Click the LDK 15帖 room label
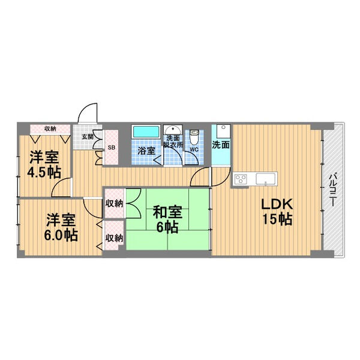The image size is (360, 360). [277, 211]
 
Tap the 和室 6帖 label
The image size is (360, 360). [167, 219]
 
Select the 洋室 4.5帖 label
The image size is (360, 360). [44, 164]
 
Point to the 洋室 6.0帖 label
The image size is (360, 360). [61, 227]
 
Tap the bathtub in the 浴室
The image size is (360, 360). [146, 132]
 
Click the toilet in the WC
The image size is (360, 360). [194, 137]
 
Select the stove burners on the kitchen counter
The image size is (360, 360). [241, 179]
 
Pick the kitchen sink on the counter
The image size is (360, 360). [265, 179]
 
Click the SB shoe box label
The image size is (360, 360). [112, 148]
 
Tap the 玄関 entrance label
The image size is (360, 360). [88, 137]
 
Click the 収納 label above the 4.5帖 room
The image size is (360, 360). [50, 129]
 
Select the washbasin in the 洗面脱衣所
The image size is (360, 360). [173, 130]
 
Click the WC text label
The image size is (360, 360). [194, 149]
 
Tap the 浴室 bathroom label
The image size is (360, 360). [146, 151]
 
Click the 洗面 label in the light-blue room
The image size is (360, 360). [221, 145]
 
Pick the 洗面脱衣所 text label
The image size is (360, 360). [173, 142]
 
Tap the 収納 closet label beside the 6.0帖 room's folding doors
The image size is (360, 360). [114, 238]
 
